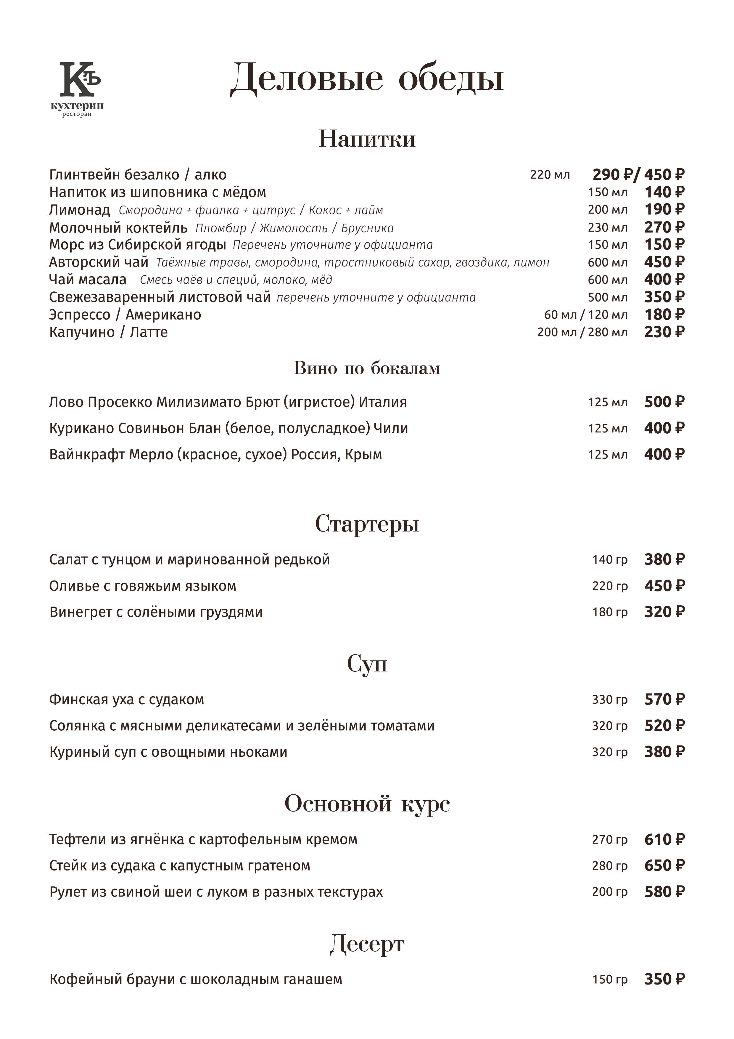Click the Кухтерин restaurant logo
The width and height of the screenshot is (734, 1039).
(78, 88)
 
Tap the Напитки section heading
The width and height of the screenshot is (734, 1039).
(367, 139)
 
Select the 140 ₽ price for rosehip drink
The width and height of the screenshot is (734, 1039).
(664, 192)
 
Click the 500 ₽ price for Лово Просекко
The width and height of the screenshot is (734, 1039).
(664, 402)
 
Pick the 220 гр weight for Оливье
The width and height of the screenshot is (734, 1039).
(610, 586)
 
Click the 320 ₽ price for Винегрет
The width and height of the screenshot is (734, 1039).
(664, 612)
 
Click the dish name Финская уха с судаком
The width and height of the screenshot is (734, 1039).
(127, 700)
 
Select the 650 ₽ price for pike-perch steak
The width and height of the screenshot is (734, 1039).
(664, 866)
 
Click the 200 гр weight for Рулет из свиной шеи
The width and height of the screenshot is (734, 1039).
(610, 892)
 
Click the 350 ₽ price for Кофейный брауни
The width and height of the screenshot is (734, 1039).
(664, 979)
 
